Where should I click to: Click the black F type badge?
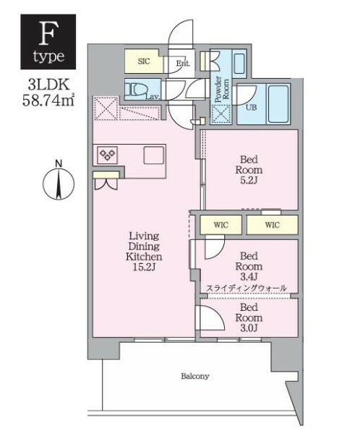pyautogui.click(x=48, y=42)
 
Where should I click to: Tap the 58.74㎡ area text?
pyautogui.click(x=48, y=100)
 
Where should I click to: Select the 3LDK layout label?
pyautogui.click(x=48, y=85)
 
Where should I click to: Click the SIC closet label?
pyautogui.click(x=144, y=61)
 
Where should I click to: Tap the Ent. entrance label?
pyautogui.click(x=183, y=64)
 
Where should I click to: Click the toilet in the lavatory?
pyautogui.click(x=136, y=89)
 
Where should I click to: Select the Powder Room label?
pyautogui.click(x=222, y=89)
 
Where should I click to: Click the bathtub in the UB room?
pyautogui.click(x=278, y=103)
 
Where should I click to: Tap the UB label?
pyautogui.click(x=251, y=107)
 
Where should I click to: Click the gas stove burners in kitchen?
pyautogui.click(x=107, y=155)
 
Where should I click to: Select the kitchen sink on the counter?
pyautogui.click(x=154, y=155)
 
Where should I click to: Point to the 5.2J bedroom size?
pyautogui.click(x=249, y=181)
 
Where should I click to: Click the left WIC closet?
pyautogui.click(x=220, y=225)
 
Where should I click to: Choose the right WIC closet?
pyautogui.click(x=272, y=225)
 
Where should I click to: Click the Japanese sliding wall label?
pyautogui.click(x=247, y=288)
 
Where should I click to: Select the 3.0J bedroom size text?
pyautogui.click(x=249, y=328)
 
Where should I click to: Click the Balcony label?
pyautogui.click(x=195, y=376)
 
